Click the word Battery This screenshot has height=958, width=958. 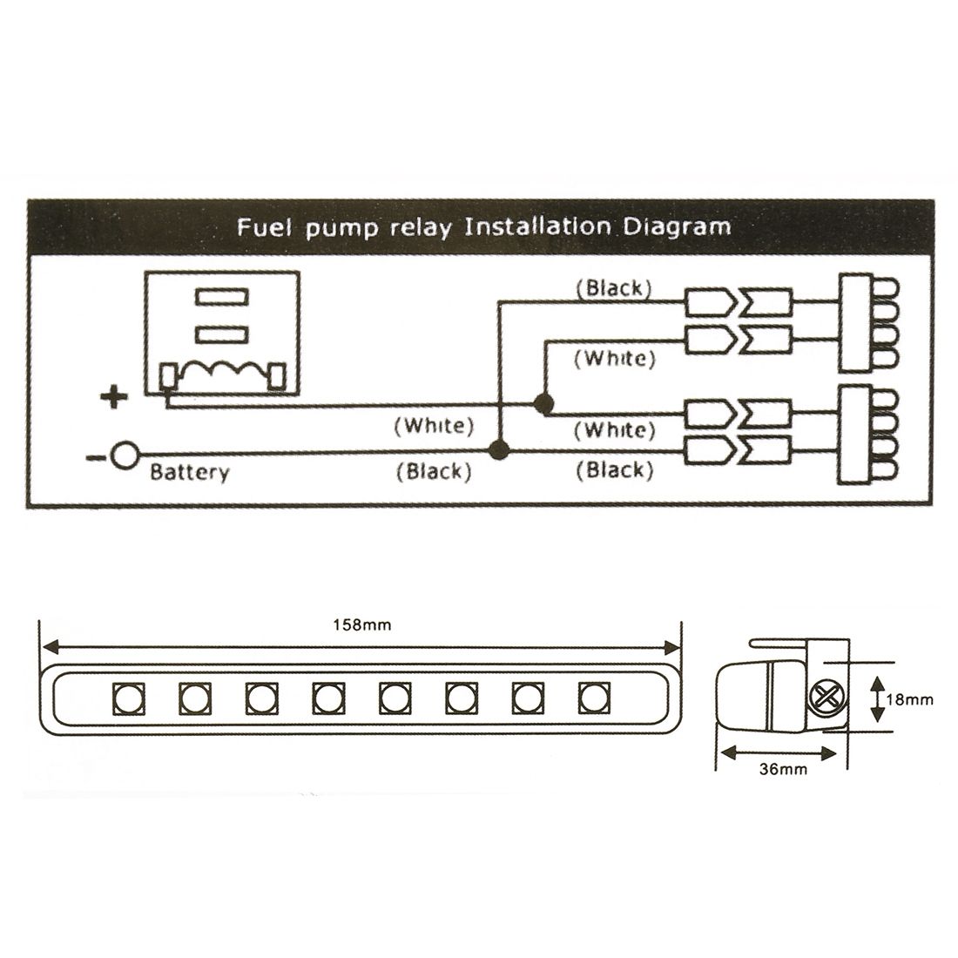click(189, 473)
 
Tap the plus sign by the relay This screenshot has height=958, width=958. click(113, 399)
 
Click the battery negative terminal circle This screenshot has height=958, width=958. click(125, 455)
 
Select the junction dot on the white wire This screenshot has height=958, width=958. click(544, 403)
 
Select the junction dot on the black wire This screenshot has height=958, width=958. click(499, 450)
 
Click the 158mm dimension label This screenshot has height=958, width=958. click(362, 624)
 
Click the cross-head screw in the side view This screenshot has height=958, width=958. click(824, 696)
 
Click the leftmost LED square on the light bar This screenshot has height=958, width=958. click(128, 698)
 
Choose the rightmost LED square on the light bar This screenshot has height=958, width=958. click(593, 698)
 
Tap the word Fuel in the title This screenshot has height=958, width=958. click(260, 228)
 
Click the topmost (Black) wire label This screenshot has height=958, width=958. click(615, 288)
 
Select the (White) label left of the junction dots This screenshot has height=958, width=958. click(434, 426)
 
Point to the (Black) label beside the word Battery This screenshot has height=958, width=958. click(434, 471)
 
